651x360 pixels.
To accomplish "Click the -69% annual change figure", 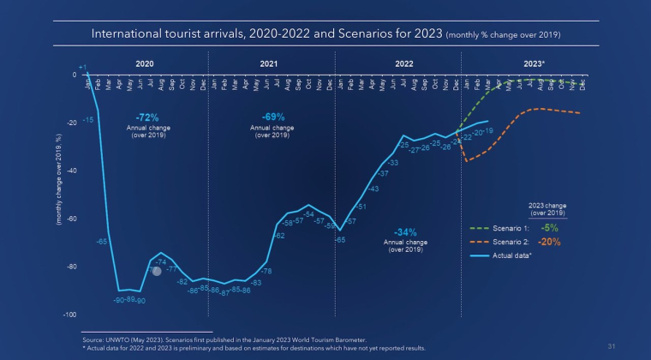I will pos(273,116).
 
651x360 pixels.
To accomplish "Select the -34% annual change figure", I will pos(406,232).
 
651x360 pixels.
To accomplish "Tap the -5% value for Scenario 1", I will pos(550,228).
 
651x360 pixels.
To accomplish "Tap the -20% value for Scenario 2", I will pos(551,242).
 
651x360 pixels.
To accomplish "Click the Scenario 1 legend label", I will pos(511,229).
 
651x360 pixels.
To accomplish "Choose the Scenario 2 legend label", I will pos(511,243).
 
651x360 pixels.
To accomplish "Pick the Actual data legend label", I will pos(513,255).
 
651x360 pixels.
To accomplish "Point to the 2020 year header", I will pos(146,64).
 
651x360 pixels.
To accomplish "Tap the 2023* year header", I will pos(535,64).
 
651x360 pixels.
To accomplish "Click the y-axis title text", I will pos(58,179).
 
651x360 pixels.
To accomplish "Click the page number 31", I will pos(612,347).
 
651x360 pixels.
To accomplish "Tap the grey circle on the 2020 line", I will pos(157,272).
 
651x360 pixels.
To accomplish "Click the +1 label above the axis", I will pos(81,66).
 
